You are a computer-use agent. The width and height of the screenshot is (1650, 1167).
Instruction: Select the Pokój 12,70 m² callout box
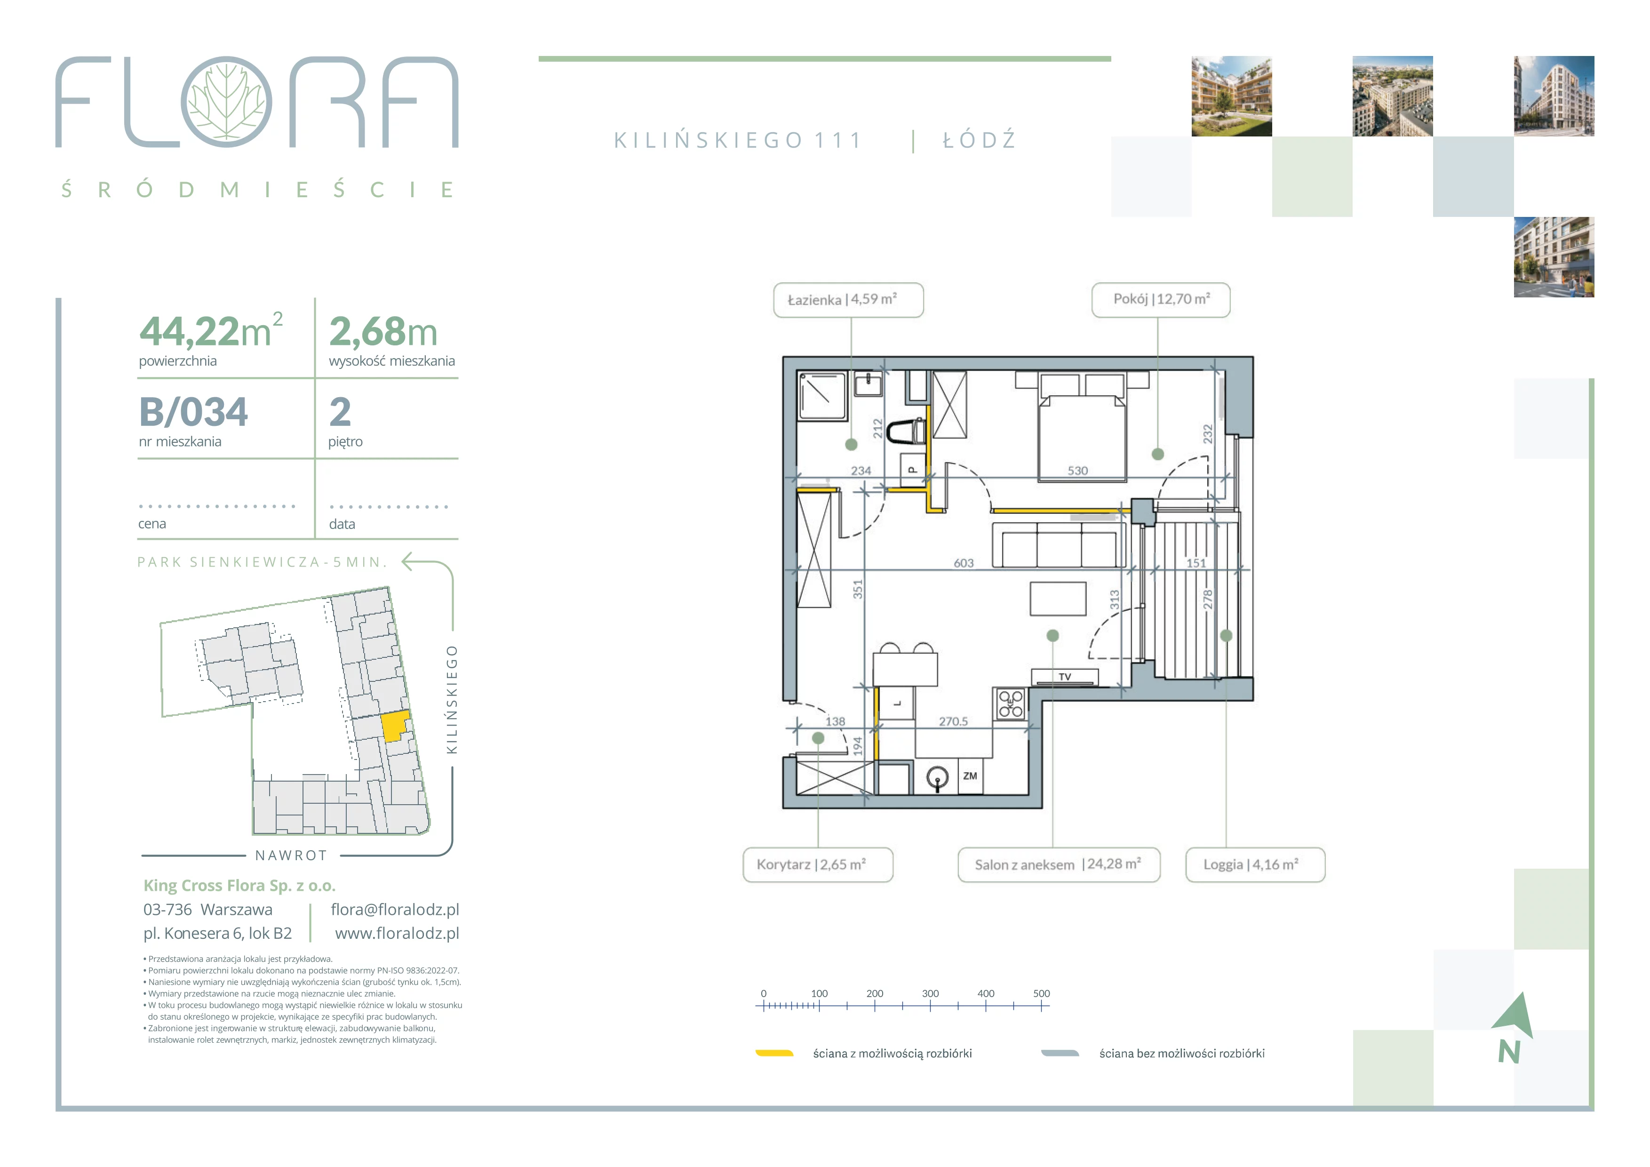click(1161, 300)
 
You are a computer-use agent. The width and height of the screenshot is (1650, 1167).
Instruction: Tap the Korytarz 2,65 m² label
click(818, 864)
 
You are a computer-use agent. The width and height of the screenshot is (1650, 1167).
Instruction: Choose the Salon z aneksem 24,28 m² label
click(1059, 864)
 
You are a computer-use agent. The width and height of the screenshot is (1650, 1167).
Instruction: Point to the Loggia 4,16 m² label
click(1255, 864)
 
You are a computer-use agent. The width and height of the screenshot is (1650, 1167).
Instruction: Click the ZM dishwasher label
click(970, 776)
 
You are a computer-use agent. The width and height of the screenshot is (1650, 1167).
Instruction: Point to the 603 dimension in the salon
click(964, 563)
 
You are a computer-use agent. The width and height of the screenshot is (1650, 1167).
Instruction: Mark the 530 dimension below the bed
click(1078, 471)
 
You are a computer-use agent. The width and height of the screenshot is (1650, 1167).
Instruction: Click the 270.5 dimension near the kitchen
click(954, 721)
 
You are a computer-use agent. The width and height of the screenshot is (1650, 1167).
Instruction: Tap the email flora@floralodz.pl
click(395, 910)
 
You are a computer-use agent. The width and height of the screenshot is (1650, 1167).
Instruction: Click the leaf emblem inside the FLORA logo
click(226, 102)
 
